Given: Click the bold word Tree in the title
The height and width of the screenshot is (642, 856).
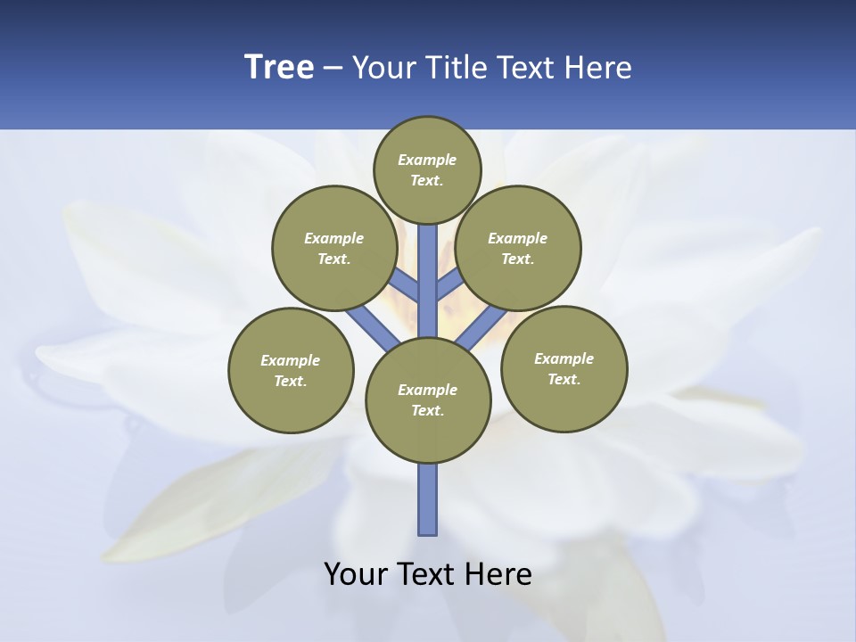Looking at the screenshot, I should coord(279,67).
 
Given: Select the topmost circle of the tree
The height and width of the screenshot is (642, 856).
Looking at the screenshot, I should coord(427,170).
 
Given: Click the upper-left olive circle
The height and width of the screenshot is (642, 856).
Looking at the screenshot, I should coord(334,248).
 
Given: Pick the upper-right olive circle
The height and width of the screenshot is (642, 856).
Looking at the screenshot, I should coord(518,248).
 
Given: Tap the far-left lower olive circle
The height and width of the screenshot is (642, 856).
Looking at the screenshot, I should coord(291,370).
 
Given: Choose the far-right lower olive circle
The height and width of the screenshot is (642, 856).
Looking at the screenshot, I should coord(564,368).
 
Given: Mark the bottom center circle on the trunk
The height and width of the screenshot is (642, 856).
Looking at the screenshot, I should coord(428,399).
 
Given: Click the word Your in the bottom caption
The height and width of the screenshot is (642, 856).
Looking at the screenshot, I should coord(357,574).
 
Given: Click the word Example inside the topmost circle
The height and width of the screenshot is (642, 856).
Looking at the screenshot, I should coord(427,160).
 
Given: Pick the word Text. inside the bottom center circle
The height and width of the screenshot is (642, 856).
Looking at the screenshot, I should coord(427,411).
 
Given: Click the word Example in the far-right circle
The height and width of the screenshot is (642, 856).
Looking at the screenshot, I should coord(564,358).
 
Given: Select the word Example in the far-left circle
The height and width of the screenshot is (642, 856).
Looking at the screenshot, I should coord(291,360).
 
